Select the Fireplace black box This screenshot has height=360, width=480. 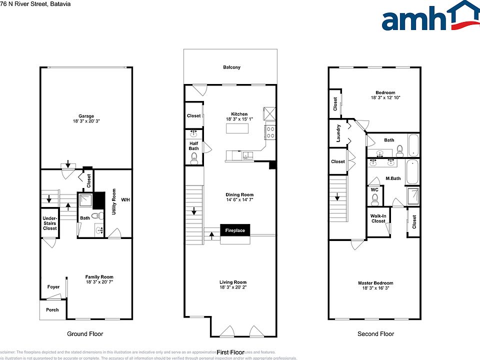235,230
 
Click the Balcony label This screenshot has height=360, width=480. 231,67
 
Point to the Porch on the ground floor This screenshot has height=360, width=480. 52,310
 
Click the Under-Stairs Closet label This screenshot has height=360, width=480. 49,222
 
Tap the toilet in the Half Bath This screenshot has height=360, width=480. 194,158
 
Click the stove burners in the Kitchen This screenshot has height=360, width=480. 270,132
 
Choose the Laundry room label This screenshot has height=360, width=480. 338,133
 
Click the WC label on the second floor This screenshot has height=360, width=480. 374,190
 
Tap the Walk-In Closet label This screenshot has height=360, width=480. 378,218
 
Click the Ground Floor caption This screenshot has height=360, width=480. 85,333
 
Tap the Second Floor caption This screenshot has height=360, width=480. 375,333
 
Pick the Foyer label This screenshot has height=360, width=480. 53,287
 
